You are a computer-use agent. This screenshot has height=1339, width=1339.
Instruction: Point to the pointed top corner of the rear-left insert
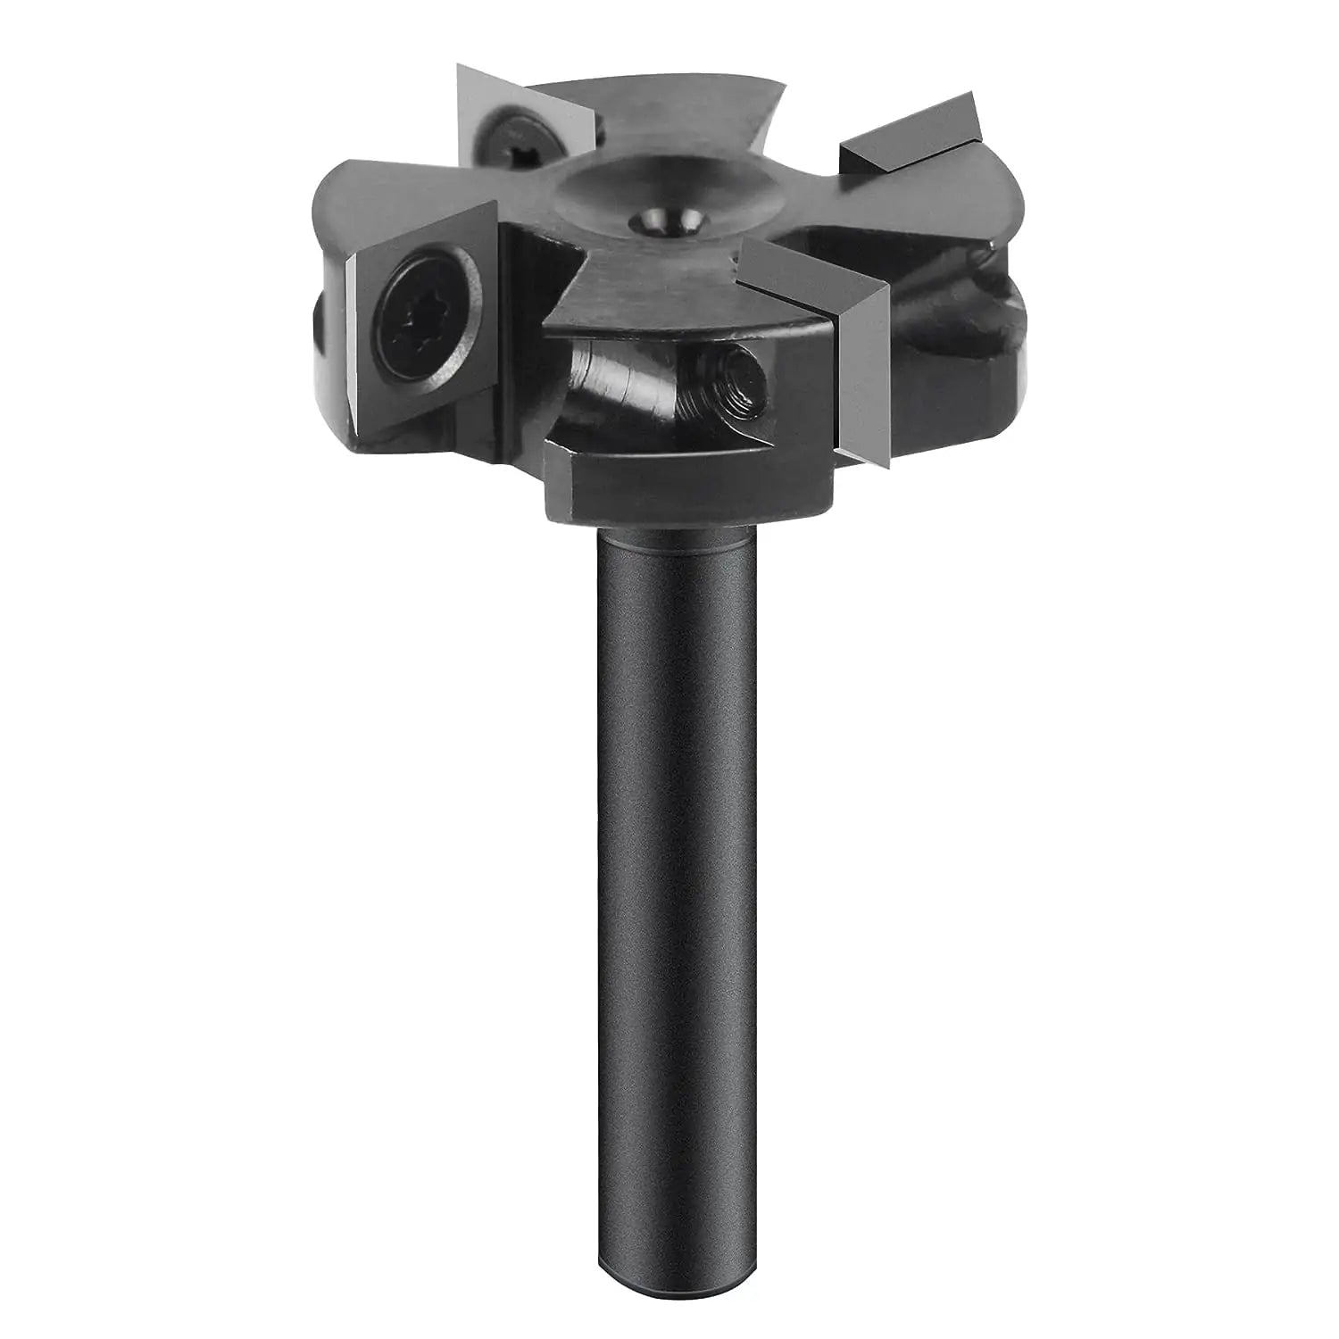[x=460, y=67]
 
